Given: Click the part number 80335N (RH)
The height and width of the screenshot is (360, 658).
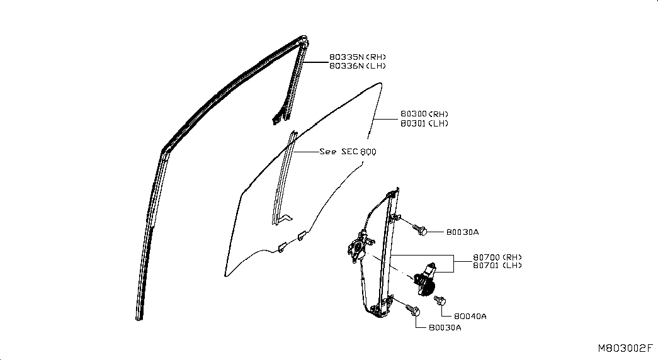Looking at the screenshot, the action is (x=357, y=57).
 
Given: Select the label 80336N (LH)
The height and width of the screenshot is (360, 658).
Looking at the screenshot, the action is (x=357, y=66).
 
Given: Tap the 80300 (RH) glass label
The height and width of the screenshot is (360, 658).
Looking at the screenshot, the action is (x=424, y=114).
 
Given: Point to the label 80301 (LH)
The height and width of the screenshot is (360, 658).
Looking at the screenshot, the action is (x=424, y=123).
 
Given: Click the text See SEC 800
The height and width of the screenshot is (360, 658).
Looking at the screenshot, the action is (x=348, y=152).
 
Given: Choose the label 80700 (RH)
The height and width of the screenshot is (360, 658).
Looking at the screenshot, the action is (x=497, y=257).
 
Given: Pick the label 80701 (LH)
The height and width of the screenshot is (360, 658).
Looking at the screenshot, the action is (x=497, y=265).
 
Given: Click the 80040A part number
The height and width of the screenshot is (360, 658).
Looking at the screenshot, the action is (x=470, y=317).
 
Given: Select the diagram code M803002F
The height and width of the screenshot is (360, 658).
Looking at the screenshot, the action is (x=625, y=348).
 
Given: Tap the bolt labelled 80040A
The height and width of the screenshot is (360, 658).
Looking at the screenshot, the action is (x=440, y=300).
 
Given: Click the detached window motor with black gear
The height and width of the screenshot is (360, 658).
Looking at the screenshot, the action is (x=424, y=280).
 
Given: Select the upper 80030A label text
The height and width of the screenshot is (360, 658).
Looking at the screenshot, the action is (x=462, y=232).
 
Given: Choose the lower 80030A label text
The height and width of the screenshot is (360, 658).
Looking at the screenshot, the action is (x=445, y=328).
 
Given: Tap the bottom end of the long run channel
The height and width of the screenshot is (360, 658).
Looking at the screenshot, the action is (x=139, y=318).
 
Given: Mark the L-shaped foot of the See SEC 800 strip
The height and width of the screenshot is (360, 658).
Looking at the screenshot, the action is (x=284, y=220).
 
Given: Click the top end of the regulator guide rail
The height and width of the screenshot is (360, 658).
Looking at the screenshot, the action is (x=397, y=190).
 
